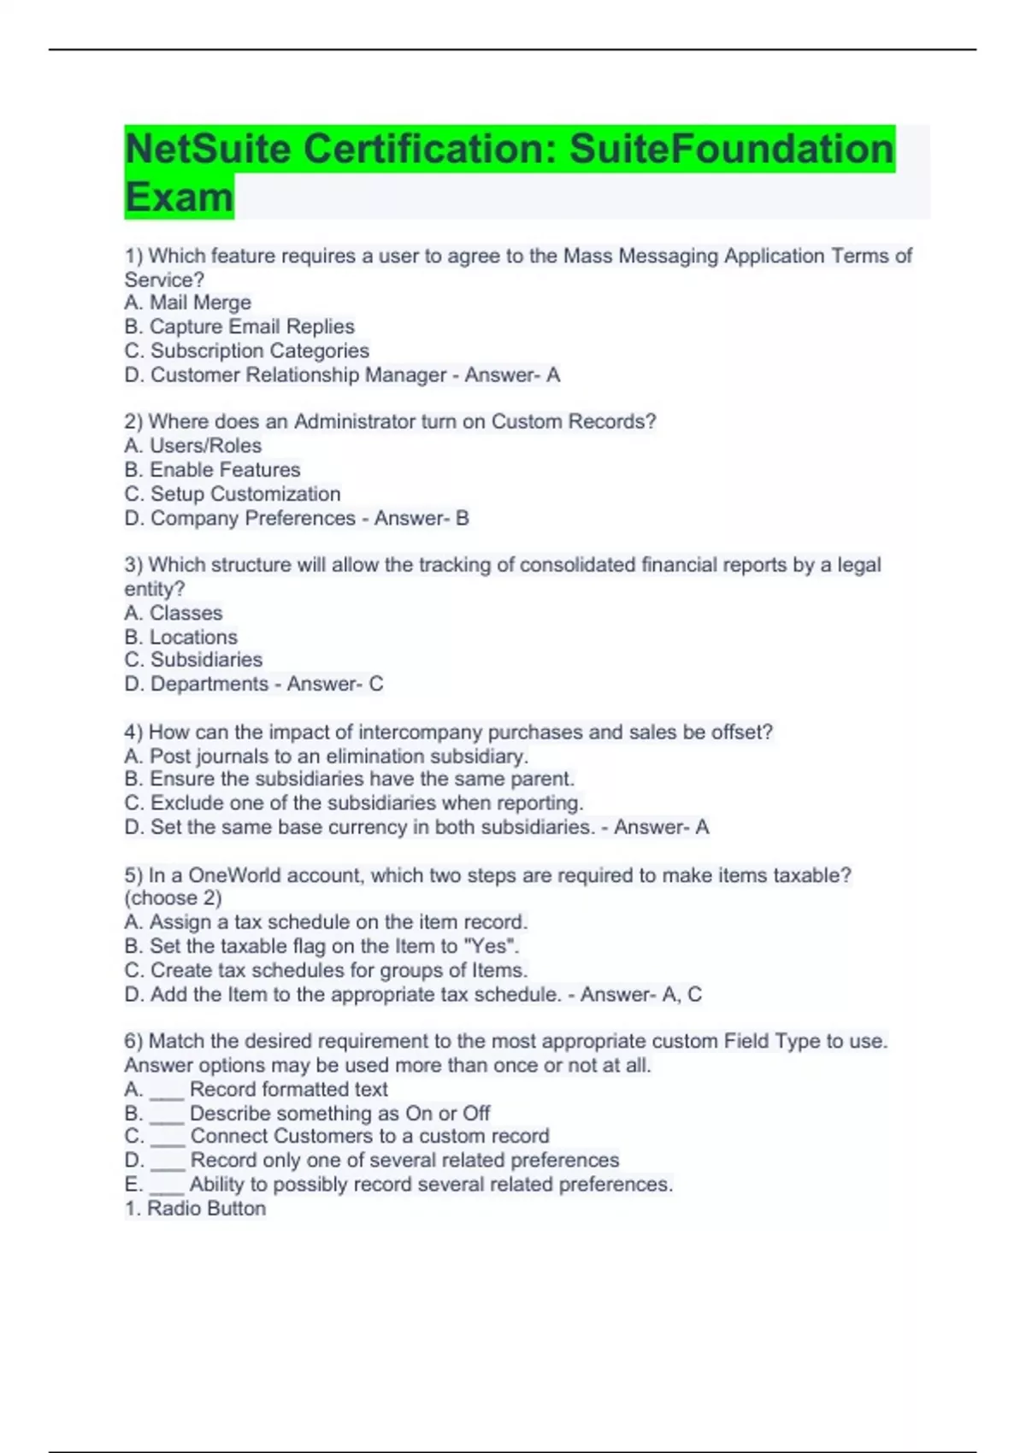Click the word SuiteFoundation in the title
point(732,149)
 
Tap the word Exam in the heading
point(179,197)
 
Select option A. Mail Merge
point(188,303)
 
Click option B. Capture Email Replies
point(239,326)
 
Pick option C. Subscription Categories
point(247,350)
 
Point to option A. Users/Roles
point(193,445)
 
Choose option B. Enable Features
point(213,469)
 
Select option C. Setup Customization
point(233,494)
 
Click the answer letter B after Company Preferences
point(463,518)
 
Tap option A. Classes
point(174,613)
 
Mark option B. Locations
point(181,637)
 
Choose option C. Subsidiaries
point(194,660)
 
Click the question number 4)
point(133,732)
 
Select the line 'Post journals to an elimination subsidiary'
point(327,756)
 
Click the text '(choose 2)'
point(174,897)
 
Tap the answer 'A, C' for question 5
point(682,994)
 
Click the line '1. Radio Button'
point(196,1209)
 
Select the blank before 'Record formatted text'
point(167,1091)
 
